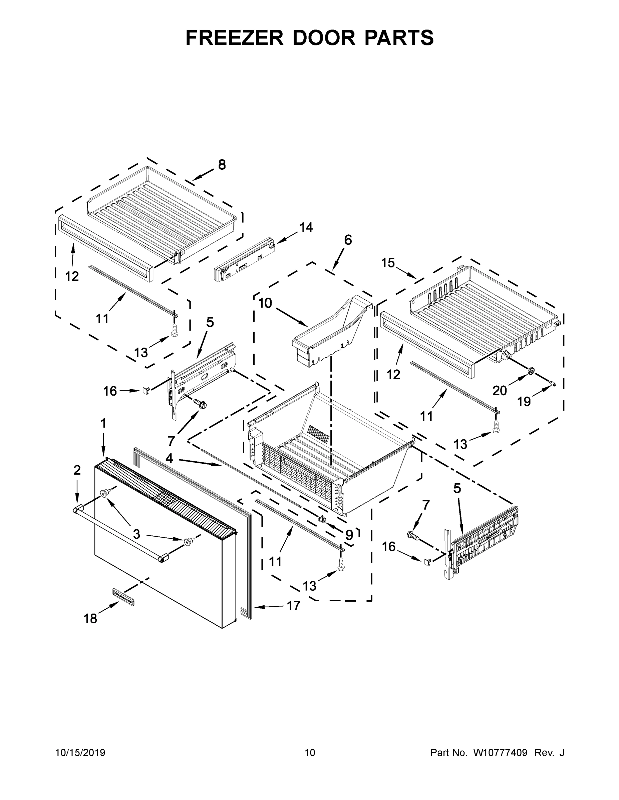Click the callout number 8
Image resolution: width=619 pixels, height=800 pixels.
tap(222, 165)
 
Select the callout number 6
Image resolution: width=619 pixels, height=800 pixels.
tap(348, 240)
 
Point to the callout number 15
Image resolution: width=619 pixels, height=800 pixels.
tap(388, 263)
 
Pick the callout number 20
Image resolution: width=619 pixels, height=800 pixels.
tap(500, 391)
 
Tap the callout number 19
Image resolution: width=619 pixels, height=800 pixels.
tap(524, 402)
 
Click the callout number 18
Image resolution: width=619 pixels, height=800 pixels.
tap(90, 619)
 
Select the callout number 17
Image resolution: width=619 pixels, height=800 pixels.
tap(293, 605)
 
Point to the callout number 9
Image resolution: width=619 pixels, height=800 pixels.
tap(349, 535)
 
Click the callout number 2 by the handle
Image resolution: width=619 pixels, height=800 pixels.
tap(77, 470)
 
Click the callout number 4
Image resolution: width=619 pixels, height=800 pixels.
tap(169, 458)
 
